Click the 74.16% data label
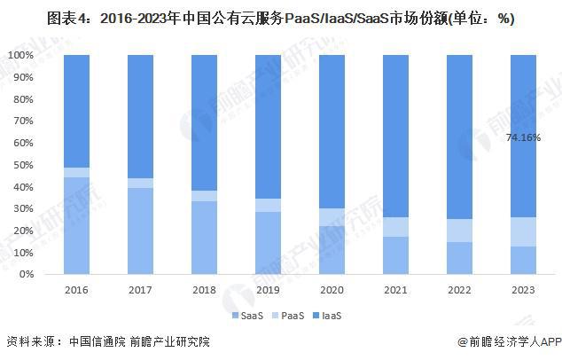click(524, 137)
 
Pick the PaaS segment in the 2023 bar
click(524, 231)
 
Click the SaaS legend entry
click(243, 316)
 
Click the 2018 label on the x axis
click(205, 289)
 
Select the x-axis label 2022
click(460, 289)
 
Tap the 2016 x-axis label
click(77, 289)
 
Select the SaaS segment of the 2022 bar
click(460, 258)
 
